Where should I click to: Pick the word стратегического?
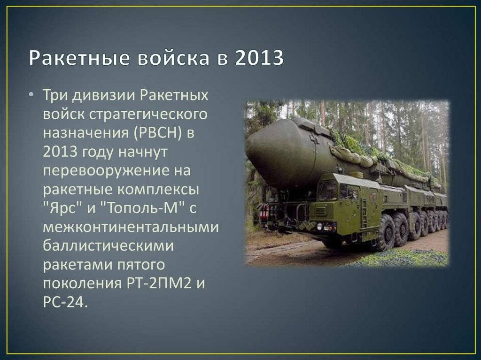click(148, 115)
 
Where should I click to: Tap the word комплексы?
click(158, 190)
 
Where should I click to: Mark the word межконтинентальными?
click(131, 227)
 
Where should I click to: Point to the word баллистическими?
click(109, 246)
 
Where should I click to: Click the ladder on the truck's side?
click(364, 213)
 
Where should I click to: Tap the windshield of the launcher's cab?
click(327, 190)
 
